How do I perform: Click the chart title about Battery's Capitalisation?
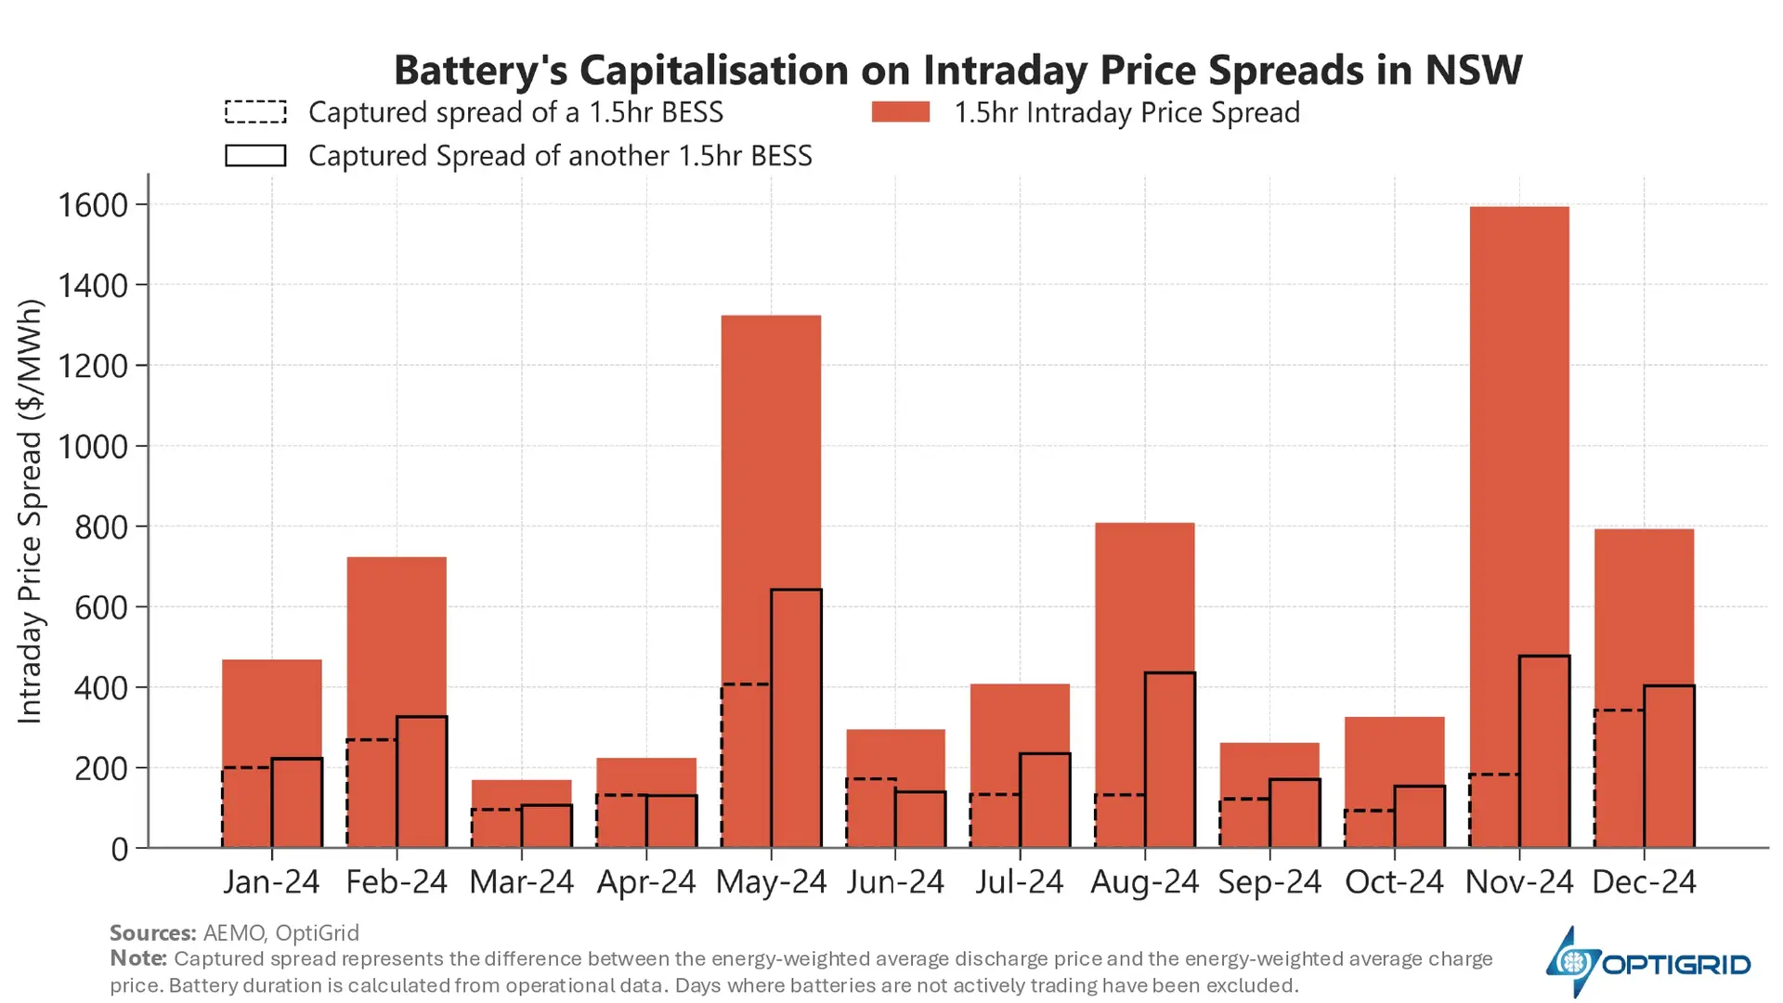click(957, 71)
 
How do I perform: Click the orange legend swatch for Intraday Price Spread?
click(900, 112)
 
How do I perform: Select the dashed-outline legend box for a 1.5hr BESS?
click(255, 112)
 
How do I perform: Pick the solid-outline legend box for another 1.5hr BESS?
click(255, 155)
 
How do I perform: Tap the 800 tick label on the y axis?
click(101, 527)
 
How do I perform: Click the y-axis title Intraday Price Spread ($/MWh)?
click(30, 511)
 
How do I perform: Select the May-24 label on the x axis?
click(771, 881)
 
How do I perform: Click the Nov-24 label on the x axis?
click(1519, 881)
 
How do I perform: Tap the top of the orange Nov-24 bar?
click(1519, 208)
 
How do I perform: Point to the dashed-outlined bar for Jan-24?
click(247, 807)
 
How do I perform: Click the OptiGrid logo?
click(1647, 963)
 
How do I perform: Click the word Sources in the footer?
click(152, 932)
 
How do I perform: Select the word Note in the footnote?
click(137, 958)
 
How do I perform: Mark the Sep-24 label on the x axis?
click(1269, 881)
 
